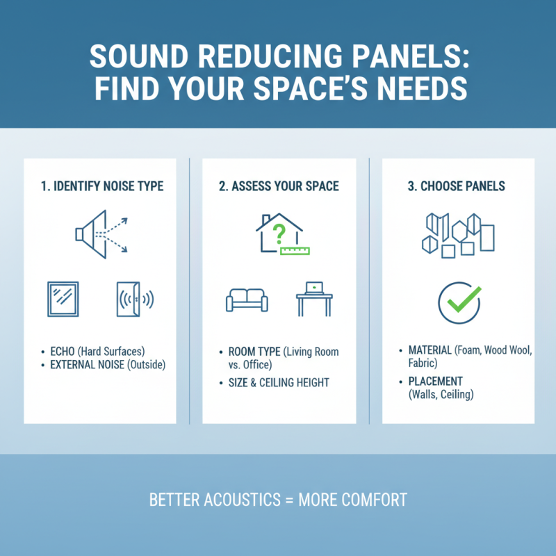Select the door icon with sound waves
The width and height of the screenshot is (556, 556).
click(133, 299)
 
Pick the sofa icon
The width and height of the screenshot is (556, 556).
click(246, 300)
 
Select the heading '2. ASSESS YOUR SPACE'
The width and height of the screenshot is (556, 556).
click(279, 186)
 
